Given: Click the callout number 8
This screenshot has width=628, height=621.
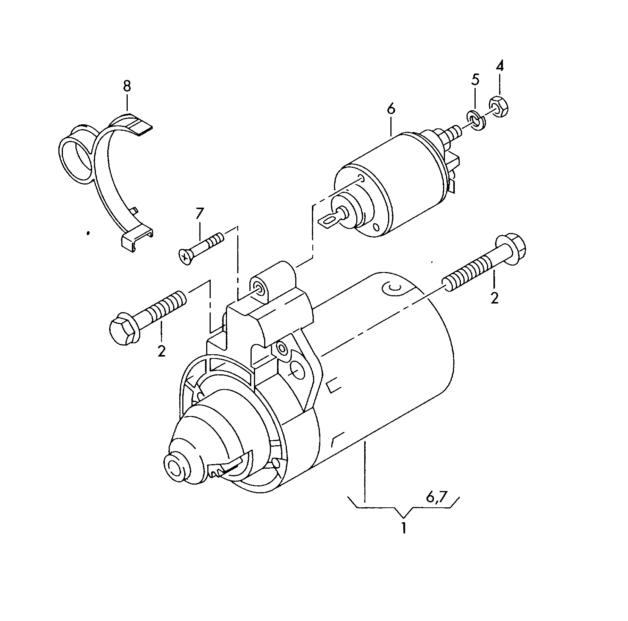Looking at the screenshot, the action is pos(127,86).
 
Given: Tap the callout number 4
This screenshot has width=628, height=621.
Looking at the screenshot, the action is pos(500,66).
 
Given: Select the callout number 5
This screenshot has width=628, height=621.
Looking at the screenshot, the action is pos(475,80).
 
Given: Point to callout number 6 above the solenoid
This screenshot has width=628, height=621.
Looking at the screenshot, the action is pos(391,108).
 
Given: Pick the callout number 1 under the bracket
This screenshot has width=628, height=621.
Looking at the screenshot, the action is pos(404,528).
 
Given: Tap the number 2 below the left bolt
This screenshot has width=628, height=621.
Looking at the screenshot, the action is pos(161,351).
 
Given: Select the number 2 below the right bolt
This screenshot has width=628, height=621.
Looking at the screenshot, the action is pos(494,298).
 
